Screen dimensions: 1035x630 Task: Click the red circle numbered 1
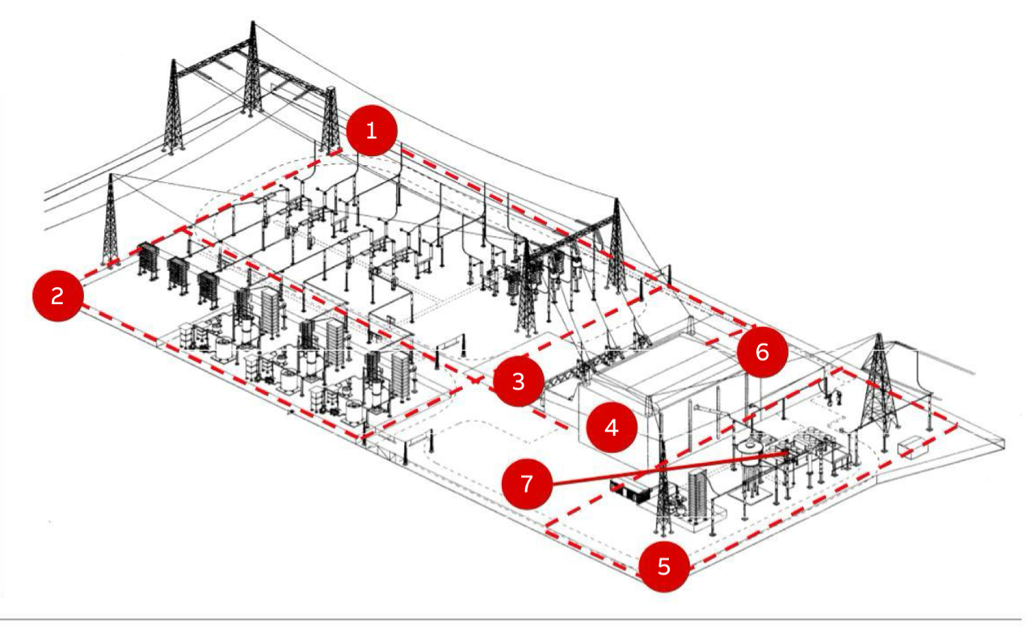coord(372,131)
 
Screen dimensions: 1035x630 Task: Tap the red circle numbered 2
coord(57,295)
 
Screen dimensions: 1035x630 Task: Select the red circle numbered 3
coord(519,381)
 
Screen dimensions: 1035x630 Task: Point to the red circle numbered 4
coord(612,427)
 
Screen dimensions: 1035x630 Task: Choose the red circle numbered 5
coord(664,566)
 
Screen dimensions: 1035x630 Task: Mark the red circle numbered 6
coord(762,352)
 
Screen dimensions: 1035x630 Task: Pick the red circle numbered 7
coord(528,484)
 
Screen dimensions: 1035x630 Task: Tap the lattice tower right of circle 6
coord(878,384)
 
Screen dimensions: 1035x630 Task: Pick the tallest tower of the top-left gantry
coord(252,70)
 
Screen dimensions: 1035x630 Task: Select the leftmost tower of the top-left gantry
coord(173,107)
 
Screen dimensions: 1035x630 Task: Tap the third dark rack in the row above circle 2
coord(208,290)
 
